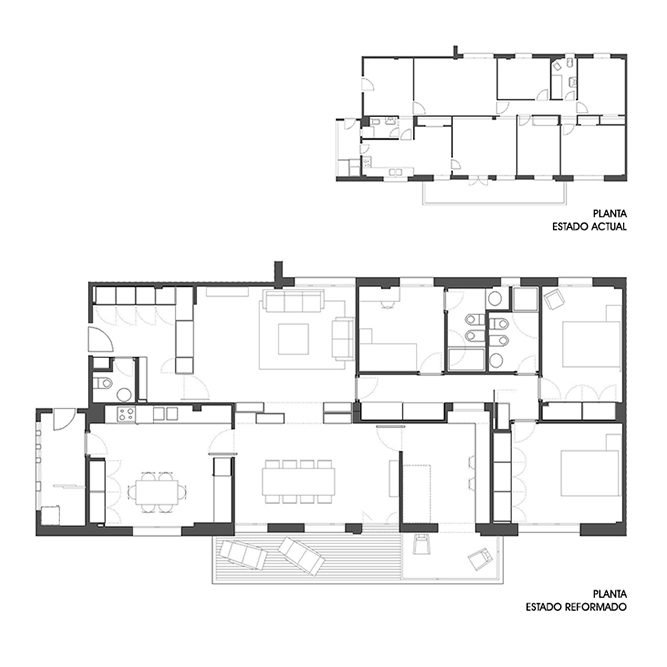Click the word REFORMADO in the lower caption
595,607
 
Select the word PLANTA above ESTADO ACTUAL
610,213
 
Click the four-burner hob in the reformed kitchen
125,414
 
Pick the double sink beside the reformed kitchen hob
165,413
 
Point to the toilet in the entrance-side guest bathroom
103,383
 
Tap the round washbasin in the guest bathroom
125,395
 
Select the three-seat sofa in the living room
294,301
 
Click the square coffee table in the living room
293,339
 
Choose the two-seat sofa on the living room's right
342,339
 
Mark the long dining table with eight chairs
298,481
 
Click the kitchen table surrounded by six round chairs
156,492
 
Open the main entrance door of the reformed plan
100,339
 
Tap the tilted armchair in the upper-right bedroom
553,299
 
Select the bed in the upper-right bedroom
591,342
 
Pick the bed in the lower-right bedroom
590,472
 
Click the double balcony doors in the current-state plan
478,181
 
